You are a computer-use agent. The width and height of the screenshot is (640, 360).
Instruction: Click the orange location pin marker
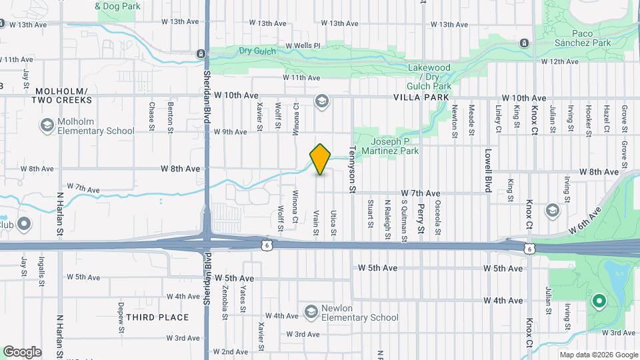(x=321, y=159)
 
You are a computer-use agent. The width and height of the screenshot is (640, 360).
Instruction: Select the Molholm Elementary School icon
(x=47, y=125)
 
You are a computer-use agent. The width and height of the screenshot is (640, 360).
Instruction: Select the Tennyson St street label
(x=352, y=171)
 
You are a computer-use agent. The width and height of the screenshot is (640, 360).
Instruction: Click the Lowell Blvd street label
(x=488, y=171)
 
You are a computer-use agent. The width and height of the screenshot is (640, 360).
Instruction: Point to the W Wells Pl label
(x=303, y=46)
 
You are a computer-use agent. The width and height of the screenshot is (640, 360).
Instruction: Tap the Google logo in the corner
(x=21, y=352)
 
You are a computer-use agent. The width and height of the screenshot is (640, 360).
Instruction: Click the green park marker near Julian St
(x=599, y=301)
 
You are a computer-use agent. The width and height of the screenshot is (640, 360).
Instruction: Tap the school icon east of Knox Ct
(x=552, y=211)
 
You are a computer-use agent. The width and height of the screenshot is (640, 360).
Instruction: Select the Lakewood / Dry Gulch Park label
(x=429, y=77)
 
